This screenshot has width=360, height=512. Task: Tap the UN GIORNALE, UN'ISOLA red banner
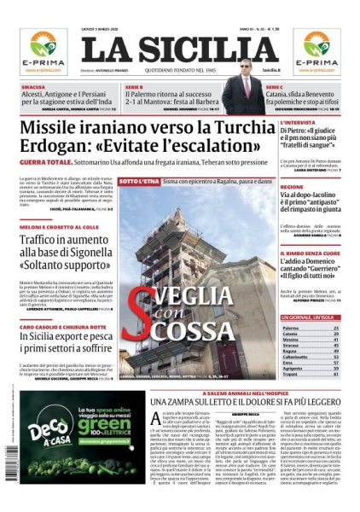click(311, 317)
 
